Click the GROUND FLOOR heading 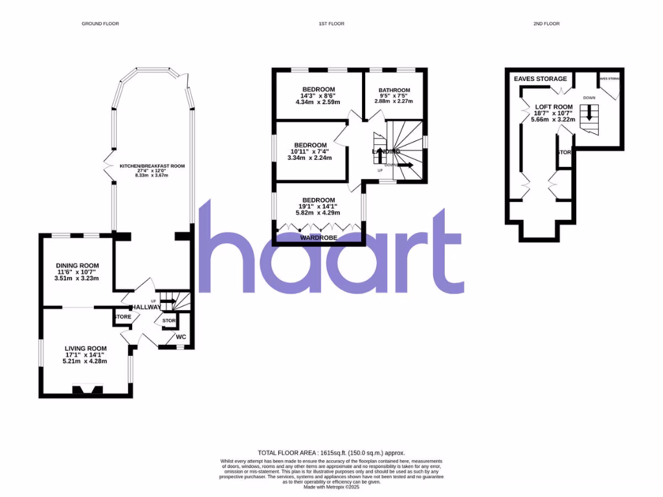100,24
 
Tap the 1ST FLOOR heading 331,24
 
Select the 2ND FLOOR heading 547,24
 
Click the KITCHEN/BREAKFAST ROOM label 152,166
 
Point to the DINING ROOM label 78,265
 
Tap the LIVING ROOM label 85,348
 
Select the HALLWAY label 146,307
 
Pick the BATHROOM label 394,90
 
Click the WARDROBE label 317,238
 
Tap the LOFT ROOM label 554,107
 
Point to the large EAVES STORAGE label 540,79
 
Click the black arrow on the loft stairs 589,113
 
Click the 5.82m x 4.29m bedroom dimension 317,213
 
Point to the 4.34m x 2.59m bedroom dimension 319,102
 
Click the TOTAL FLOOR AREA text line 331,453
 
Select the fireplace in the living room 87,390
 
